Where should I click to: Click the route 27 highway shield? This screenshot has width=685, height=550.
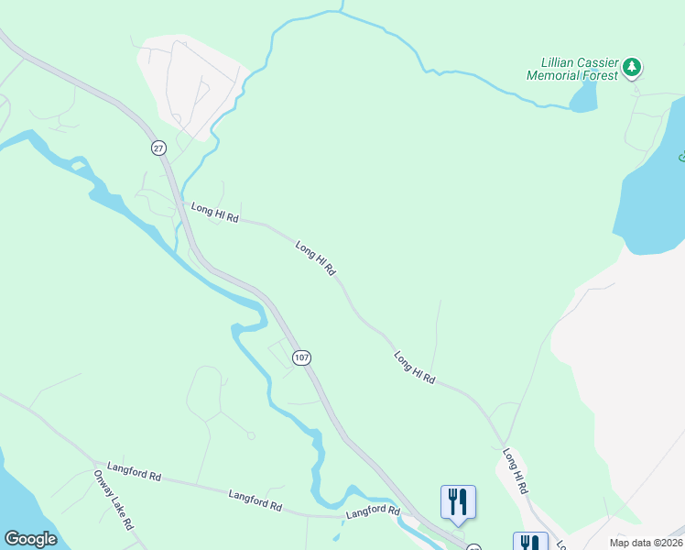(158, 147)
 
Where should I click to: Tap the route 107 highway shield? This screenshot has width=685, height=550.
(301, 357)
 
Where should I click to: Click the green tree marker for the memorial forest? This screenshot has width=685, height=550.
(632, 67)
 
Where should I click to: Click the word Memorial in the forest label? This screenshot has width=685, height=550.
(559, 77)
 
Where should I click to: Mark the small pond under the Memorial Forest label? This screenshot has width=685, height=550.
(583, 97)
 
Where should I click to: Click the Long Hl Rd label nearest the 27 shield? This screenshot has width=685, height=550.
(214, 214)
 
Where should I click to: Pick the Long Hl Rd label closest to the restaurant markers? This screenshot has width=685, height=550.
(516, 471)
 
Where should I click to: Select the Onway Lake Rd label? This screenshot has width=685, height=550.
(114, 500)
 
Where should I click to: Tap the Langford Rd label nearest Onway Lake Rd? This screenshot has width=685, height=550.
(134, 471)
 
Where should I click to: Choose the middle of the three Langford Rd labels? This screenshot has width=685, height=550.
(255, 500)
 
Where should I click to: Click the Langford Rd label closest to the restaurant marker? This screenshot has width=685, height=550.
(373, 511)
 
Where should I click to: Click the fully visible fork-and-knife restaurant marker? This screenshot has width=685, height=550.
(458, 502)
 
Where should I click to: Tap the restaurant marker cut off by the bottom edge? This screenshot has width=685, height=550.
(530, 542)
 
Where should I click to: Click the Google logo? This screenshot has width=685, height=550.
(30, 539)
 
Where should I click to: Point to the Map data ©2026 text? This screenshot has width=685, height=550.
(647, 543)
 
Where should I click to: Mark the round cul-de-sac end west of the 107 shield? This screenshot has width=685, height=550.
(251, 435)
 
